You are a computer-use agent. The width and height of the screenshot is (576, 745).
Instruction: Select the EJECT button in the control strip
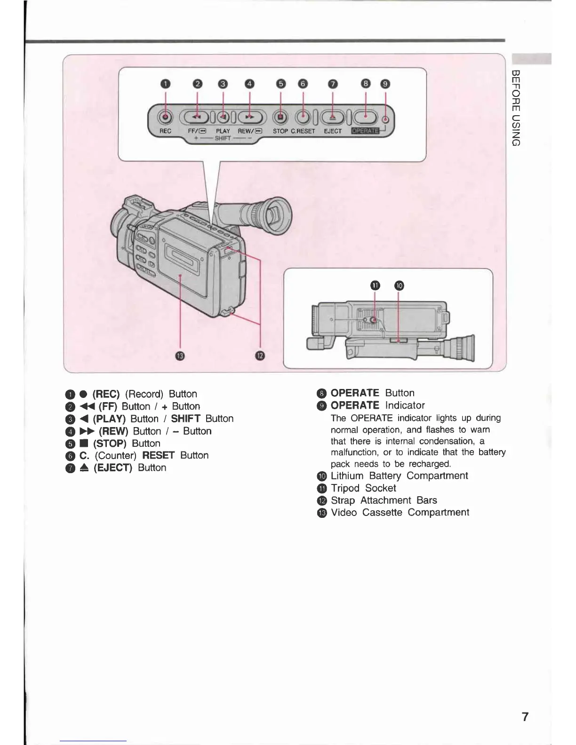coord(333,117)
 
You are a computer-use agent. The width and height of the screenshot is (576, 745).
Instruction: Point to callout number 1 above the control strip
coord(165,84)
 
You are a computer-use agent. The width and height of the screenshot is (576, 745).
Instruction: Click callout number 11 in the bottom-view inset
coord(375,285)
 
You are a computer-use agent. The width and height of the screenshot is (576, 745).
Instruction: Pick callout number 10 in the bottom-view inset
coord(399,285)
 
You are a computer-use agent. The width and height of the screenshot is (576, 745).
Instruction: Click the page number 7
coord(525,717)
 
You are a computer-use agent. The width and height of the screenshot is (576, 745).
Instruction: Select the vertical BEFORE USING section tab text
coord(515,108)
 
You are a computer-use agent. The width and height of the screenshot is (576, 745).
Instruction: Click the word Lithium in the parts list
coord(347,476)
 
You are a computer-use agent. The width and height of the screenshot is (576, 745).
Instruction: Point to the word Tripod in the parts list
coord(345,488)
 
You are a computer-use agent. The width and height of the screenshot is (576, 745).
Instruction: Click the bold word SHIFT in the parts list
coord(185,419)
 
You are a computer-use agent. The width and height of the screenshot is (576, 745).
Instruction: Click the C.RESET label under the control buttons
coord(303,131)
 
